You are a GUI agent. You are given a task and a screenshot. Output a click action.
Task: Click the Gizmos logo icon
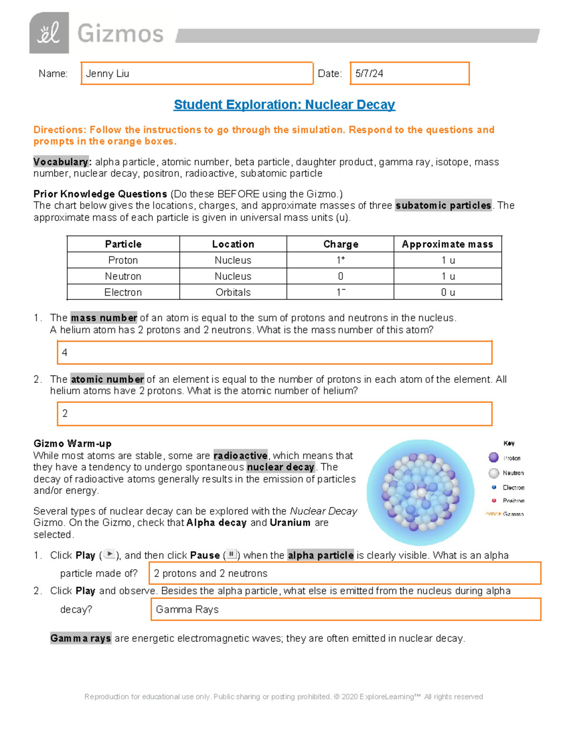[x=49, y=33]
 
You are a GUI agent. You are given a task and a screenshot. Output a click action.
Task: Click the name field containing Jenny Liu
[x=197, y=73]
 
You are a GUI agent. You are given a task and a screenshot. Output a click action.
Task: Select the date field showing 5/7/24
[x=409, y=73]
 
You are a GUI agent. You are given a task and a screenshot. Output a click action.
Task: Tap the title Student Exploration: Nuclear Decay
[x=284, y=104]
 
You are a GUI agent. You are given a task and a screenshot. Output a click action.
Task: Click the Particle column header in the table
[x=123, y=244]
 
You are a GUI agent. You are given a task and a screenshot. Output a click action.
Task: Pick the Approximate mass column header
[x=447, y=244]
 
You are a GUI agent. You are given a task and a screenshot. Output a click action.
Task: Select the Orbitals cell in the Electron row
[x=233, y=292]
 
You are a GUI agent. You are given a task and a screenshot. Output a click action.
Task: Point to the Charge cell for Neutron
[x=340, y=276]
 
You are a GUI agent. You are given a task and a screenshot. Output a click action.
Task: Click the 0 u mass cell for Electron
[x=447, y=292]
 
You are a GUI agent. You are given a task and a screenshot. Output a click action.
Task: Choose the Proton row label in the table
[x=123, y=260]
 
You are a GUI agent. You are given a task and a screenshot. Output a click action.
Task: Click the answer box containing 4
[x=275, y=353]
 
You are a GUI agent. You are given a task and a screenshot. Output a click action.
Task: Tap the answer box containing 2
[x=275, y=414]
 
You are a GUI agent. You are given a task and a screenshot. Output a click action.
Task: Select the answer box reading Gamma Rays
[x=346, y=609]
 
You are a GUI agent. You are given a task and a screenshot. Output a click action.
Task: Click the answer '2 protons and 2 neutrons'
[x=345, y=573]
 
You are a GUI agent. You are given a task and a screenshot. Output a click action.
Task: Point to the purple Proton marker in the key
[x=494, y=457]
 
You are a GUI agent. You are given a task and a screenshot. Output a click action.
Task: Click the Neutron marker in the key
[x=494, y=473]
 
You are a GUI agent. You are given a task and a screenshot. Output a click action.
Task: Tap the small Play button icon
[x=109, y=554]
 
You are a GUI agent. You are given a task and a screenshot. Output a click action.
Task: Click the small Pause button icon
[x=231, y=554]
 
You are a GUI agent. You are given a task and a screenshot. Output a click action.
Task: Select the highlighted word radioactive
[x=240, y=455]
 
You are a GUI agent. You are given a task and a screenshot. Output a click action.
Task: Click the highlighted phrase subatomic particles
[x=443, y=206]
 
